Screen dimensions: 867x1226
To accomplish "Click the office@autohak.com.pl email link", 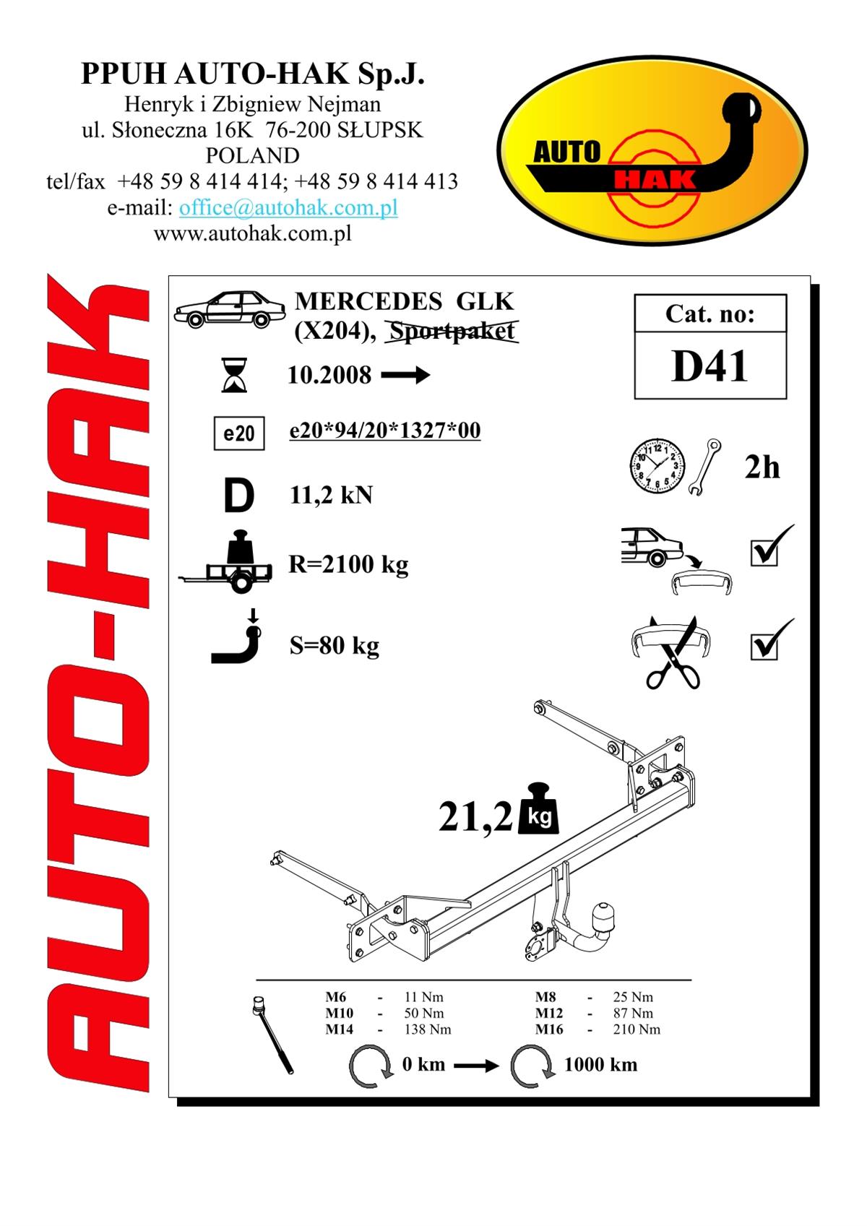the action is pyautogui.click(x=288, y=207).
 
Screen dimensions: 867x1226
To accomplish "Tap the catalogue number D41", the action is pyautogui.click(x=709, y=366).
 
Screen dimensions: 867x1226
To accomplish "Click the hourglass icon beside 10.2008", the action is pyautogui.click(x=234, y=375).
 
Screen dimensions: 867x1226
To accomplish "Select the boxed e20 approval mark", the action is pyautogui.click(x=239, y=433).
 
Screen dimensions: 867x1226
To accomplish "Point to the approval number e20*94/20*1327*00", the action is pyautogui.click(x=385, y=430).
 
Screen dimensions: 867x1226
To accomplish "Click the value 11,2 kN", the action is pyautogui.click(x=331, y=496).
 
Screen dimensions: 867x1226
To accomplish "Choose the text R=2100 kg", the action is pyautogui.click(x=349, y=564).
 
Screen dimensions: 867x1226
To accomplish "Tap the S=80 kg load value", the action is pyautogui.click(x=335, y=645).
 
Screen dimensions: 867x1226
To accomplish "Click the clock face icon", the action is pyautogui.click(x=657, y=466).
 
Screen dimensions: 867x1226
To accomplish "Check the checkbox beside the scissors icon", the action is pyautogui.click(x=764, y=647).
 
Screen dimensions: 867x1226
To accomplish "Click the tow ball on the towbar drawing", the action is pyautogui.click(x=604, y=915).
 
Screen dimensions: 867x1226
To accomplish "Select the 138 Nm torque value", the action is pyautogui.click(x=428, y=1029).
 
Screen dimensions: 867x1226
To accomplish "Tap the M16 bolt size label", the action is pyautogui.click(x=549, y=1029).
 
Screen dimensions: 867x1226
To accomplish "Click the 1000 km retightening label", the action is pyautogui.click(x=600, y=1065).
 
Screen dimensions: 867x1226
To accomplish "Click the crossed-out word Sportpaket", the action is pyautogui.click(x=452, y=331).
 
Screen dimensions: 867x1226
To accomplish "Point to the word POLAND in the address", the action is pyautogui.click(x=252, y=155).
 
